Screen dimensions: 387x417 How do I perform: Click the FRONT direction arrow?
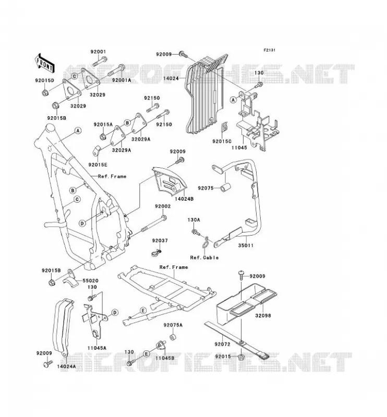pyautogui.click(x=44, y=63)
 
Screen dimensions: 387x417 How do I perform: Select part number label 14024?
pyautogui.click(x=171, y=78)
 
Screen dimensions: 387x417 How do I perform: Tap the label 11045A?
pyautogui.click(x=97, y=348)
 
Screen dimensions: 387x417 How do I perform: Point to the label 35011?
pyautogui.click(x=246, y=245)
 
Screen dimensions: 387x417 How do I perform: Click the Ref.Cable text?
pyautogui.click(x=204, y=257)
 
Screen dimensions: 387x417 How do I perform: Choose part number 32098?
pyautogui.click(x=263, y=316)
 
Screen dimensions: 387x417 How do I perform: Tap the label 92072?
pyautogui.click(x=222, y=344)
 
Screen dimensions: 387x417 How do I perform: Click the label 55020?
pyautogui.click(x=90, y=280)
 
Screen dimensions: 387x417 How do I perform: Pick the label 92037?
pyautogui.click(x=160, y=241)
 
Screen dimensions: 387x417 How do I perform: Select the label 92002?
pyautogui.click(x=163, y=206)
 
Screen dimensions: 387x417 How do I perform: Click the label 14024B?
pyautogui.click(x=184, y=199)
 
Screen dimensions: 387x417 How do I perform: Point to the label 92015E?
pyautogui.click(x=98, y=165)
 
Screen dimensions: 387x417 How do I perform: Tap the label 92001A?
pyautogui.click(x=122, y=80)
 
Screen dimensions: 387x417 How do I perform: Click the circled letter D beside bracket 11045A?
pyautogui.click(x=115, y=312)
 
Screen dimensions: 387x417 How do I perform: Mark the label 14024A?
pyautogui.click(x=66, y=366)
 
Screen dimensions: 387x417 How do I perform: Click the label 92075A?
pyautogui.click(x=173, y=325)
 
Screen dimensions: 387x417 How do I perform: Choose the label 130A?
pyautogui.click(x=194, y=220)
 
